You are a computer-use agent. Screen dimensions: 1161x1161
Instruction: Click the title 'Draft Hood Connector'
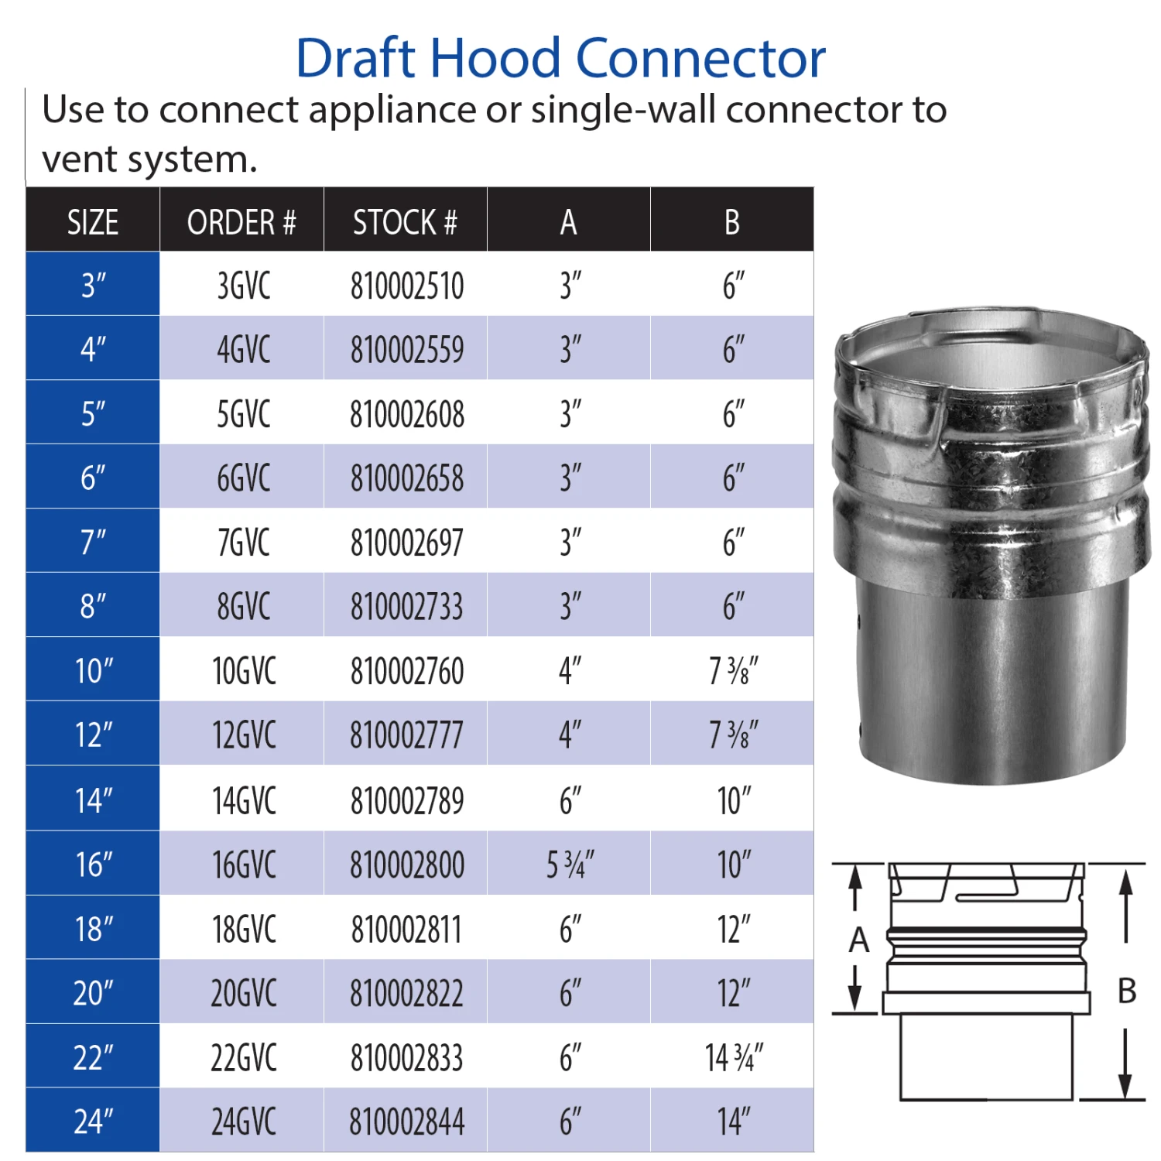pos(561,58)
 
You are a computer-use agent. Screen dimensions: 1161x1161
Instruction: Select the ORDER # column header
pos(241,222)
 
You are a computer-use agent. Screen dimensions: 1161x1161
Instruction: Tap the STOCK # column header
pos(405,222)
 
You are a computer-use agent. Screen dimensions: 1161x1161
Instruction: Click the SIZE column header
pos(93,222)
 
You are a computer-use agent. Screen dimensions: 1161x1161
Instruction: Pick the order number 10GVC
pos(244,671)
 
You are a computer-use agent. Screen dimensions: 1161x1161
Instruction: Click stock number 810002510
pos(407,286)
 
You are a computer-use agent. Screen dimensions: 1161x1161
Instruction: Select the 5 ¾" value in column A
pos(570,865)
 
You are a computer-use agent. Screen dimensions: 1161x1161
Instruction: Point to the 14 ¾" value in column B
pos(734,1057)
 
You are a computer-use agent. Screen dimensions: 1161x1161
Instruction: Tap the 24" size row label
pos(93,1121)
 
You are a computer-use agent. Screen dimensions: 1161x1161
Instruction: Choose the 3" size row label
pos(93,286)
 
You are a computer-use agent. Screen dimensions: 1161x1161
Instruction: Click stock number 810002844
pos(407,1122)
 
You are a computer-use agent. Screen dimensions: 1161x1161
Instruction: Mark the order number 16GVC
pos(244,865)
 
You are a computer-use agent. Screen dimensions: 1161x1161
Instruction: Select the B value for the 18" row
pos(734,929)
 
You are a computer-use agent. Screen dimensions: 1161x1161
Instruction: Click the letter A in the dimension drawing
pos(859,940)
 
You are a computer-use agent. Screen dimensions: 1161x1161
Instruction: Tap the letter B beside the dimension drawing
pos(1127,991)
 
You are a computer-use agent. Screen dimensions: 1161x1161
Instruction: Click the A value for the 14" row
pos(570,800)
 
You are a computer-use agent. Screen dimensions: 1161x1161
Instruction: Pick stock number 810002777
pos(406,735)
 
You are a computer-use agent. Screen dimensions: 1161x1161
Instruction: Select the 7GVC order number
pos(244,543)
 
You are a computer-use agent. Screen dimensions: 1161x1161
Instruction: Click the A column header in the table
pos(569,222)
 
